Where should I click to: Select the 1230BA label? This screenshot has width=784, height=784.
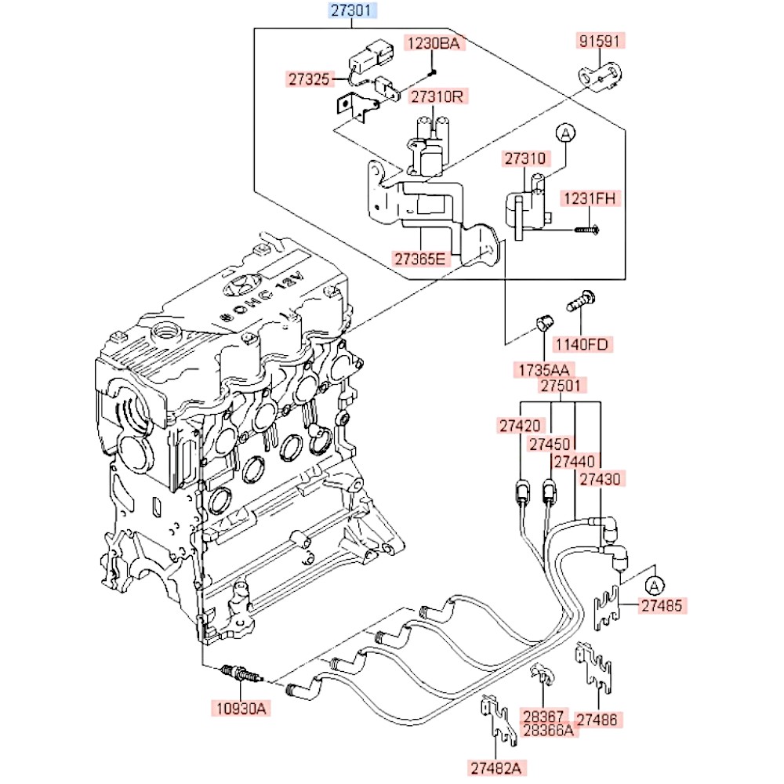(x=432, y=43)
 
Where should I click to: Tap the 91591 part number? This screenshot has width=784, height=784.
(x=602, y=42)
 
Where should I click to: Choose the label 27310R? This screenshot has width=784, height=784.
(x=437, y=97)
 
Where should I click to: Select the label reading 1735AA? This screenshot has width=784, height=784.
(x=542, y=369)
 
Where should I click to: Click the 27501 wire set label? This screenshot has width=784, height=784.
(x=561, y=386)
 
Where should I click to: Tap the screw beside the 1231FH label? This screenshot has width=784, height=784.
(x=587, y=230)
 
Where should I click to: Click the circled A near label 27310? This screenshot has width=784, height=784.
(x=564, y=134)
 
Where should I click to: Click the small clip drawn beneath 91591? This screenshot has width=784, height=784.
(x=600, y=77)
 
